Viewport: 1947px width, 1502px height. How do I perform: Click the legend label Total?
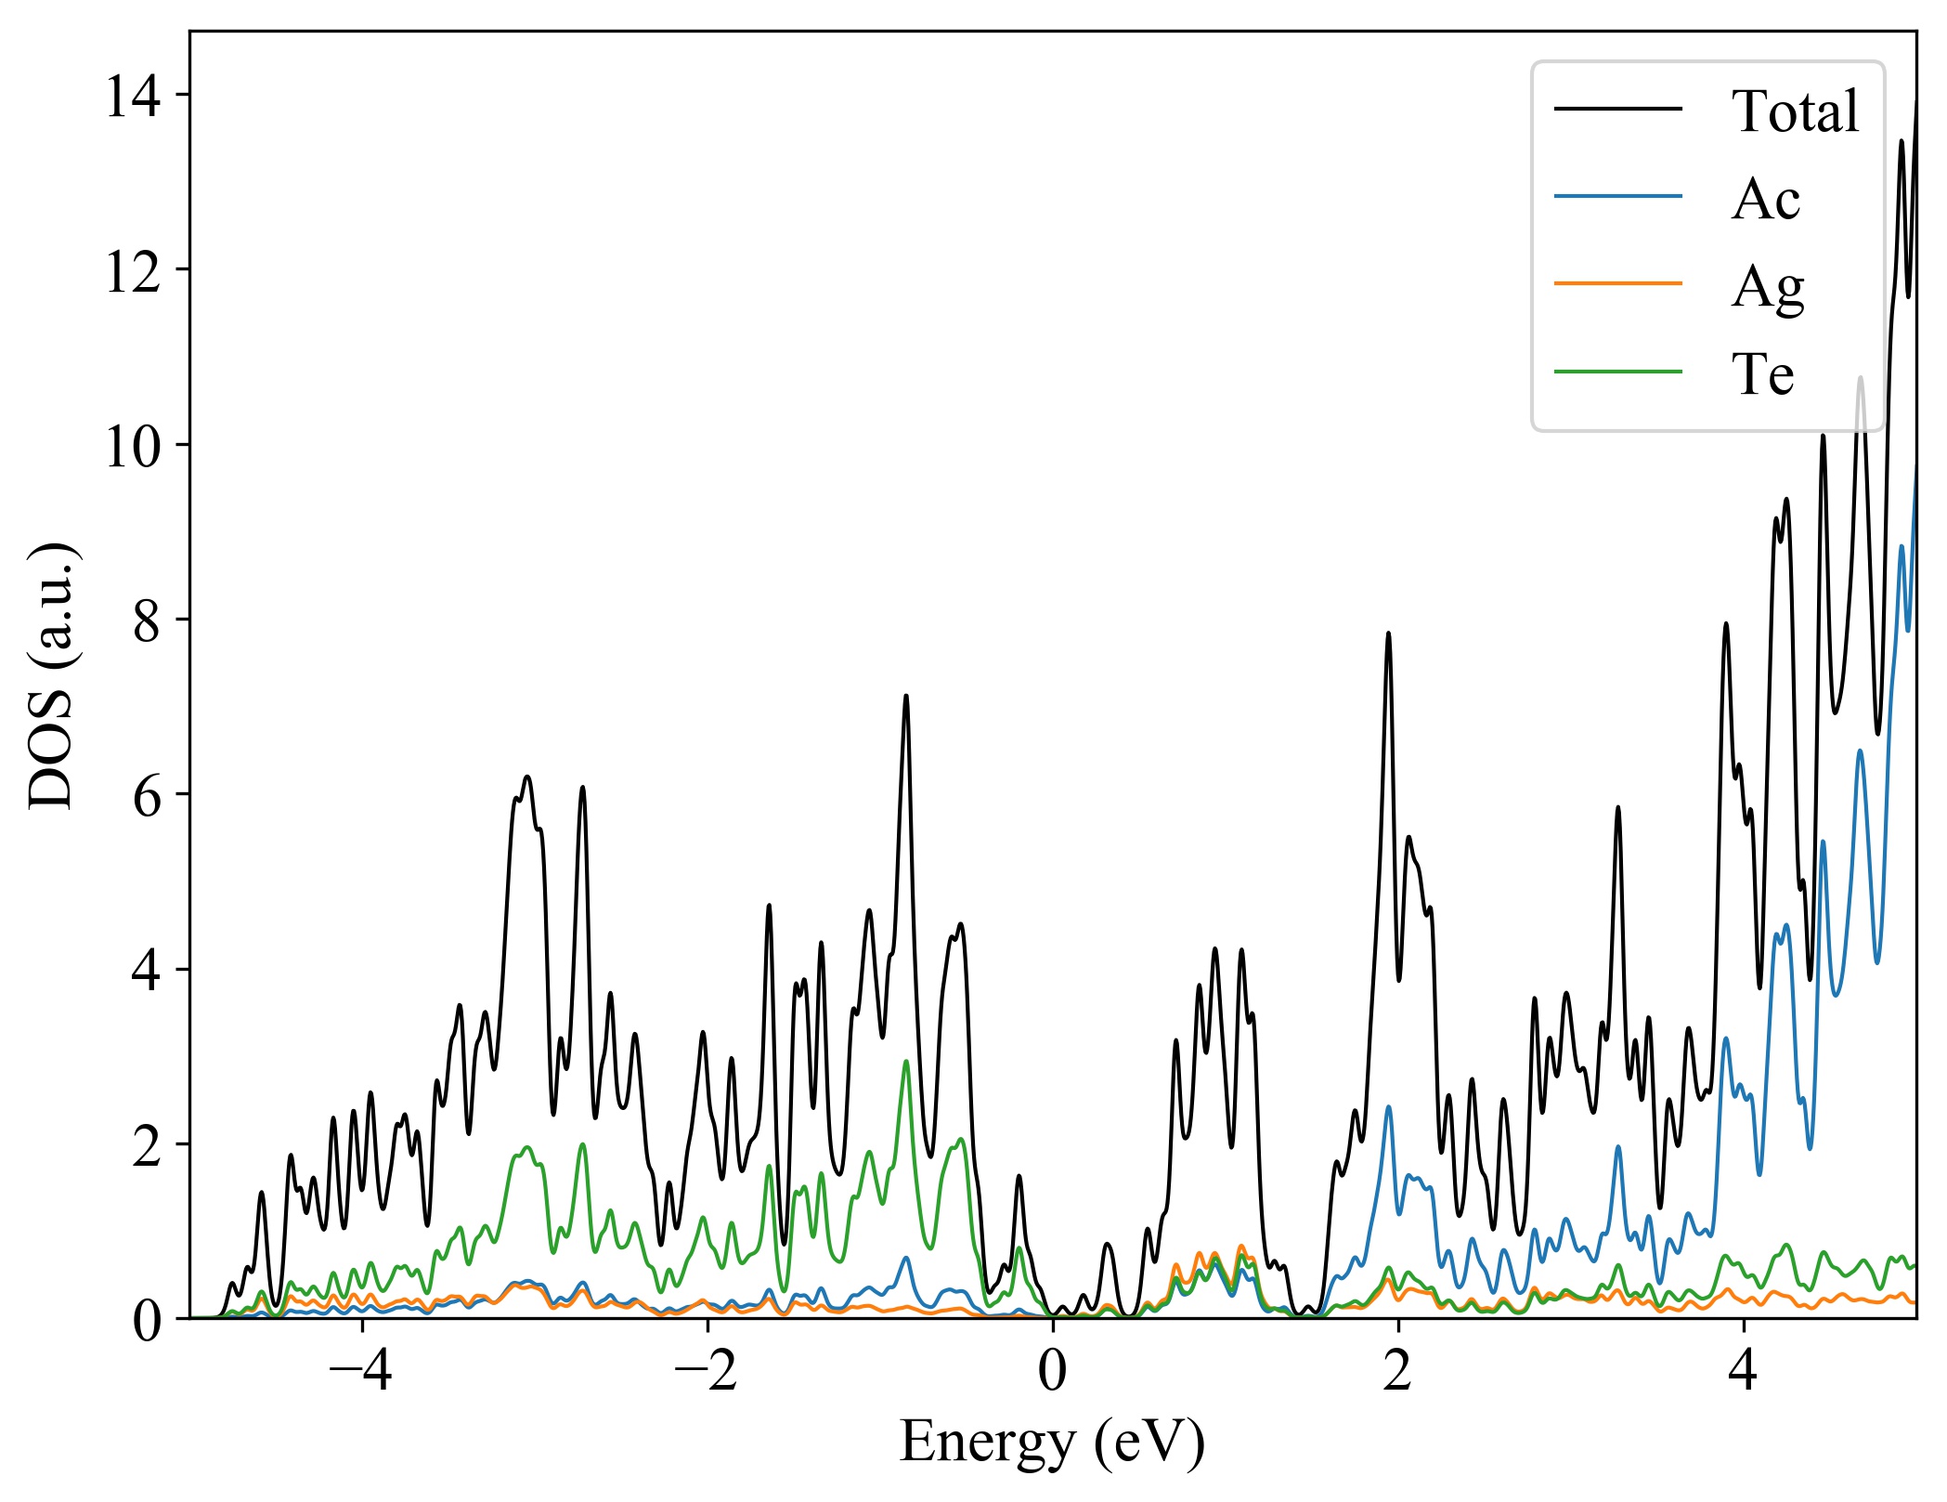click(1795, 111)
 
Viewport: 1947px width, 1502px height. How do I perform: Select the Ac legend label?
click(1765, 199)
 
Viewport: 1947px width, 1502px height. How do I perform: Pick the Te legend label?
click(1762, 374)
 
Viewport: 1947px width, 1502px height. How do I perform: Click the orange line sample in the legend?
click(1617, 282)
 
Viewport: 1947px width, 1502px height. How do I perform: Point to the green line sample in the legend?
click(1617, 372)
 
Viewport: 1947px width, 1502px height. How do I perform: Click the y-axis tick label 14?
click(133, 96)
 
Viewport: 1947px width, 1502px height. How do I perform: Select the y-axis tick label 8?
click(147, 620)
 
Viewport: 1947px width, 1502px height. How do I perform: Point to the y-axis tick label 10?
click(133, 446)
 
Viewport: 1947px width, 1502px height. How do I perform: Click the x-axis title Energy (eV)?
click(1052, 1443)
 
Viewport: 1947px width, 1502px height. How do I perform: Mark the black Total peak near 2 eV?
click(1388, 633)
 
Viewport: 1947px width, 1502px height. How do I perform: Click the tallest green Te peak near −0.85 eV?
click(906, 1061)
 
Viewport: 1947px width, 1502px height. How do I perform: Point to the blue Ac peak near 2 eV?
click(1388, 1106)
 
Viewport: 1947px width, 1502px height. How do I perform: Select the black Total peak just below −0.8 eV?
click(906, 696)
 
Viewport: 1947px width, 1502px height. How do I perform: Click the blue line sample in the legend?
click(1617, 196)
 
